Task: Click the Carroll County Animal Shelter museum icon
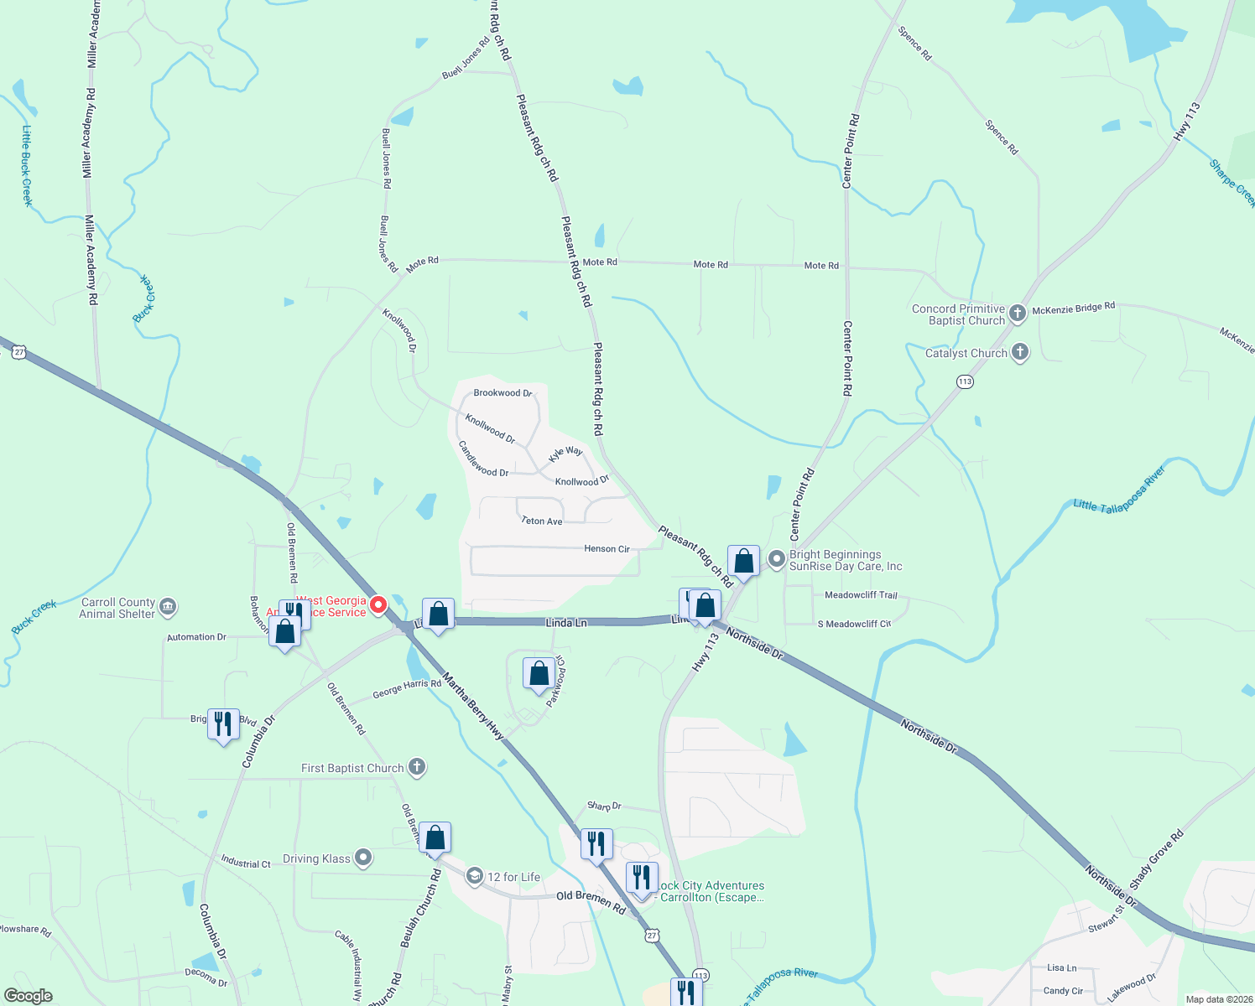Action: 168,606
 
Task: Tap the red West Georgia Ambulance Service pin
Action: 378,604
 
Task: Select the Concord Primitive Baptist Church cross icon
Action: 1018,314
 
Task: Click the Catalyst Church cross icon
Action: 1020,352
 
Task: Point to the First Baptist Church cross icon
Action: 417,767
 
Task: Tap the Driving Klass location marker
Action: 363,858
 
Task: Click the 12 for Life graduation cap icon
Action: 475,876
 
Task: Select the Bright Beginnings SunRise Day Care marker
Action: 777,558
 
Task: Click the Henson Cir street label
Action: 607,549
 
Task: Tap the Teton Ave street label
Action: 541,521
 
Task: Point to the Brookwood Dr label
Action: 503,393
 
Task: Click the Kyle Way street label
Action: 566,454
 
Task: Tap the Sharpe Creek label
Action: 1232,183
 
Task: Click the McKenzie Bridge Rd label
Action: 1073,309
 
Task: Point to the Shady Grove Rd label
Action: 1156,859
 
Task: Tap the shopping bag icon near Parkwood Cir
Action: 539,673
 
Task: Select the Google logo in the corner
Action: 29,996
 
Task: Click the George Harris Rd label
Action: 407,688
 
